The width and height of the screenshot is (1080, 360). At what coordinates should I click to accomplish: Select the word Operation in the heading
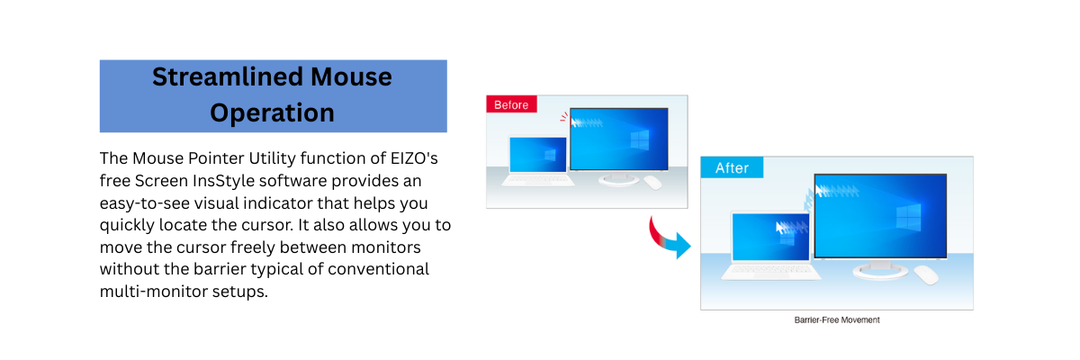coord(272,113)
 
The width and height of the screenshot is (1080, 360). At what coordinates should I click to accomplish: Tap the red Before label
coord(511,104)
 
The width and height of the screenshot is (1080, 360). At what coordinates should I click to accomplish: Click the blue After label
coord(732,167)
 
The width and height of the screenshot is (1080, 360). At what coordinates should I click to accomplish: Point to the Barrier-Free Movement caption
coord(836,319)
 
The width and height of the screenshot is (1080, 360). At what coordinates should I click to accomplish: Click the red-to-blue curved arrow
coord(669,238)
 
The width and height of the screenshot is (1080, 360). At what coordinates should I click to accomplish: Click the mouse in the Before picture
coord(652,182)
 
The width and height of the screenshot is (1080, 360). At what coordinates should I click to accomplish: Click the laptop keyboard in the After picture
coord(775,267)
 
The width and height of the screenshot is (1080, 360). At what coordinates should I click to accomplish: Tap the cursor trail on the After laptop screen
coord(787,227)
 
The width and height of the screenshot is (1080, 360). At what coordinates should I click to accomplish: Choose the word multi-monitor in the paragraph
coord(148,292)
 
